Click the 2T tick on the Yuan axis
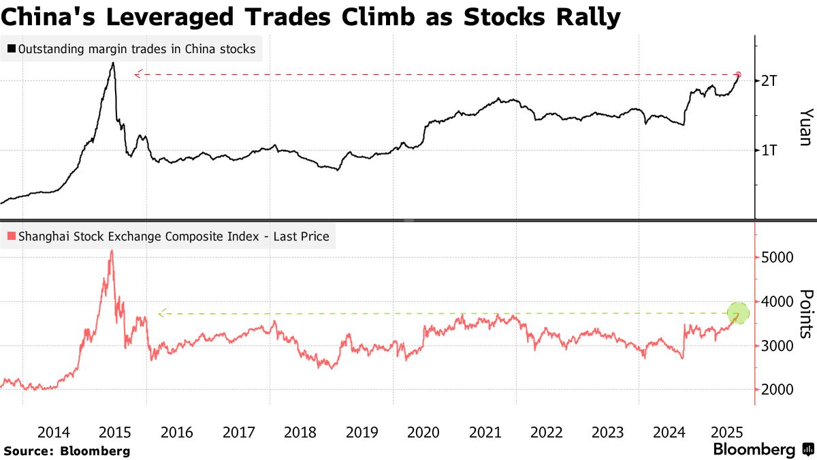(769, 80)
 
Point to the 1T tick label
(769, 150)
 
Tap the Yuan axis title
(805, 127)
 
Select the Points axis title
(805, 313)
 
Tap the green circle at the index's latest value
(738, 313)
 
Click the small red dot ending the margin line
(739, 74)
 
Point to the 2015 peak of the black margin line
(113, 63)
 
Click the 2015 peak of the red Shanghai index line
(112, 251)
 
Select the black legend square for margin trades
(12, 49)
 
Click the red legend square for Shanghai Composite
(12, 237)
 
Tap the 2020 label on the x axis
(424, 432)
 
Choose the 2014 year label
(53, 432)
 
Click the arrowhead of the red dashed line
(138, 74)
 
